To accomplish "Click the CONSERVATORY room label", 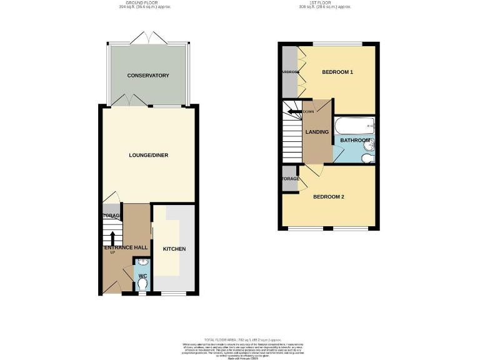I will pos(148,76).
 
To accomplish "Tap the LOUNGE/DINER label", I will pos(148,156).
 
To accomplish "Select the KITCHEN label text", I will pos(174,249).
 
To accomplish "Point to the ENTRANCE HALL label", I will pos(126,247).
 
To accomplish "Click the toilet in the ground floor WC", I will pos(142,284).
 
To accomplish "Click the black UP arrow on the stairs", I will pos(112,238).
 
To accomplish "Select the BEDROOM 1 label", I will pos(337,72).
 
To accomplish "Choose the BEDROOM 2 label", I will pos(329,197).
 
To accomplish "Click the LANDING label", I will pos(317,132).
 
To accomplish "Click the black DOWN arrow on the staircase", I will pos(292,112).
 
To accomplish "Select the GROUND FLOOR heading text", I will pos(144,3).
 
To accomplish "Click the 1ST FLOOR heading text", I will pos(326,3).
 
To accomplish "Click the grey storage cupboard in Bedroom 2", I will pos(289,178).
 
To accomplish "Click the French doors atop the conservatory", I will pos(147,39).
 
